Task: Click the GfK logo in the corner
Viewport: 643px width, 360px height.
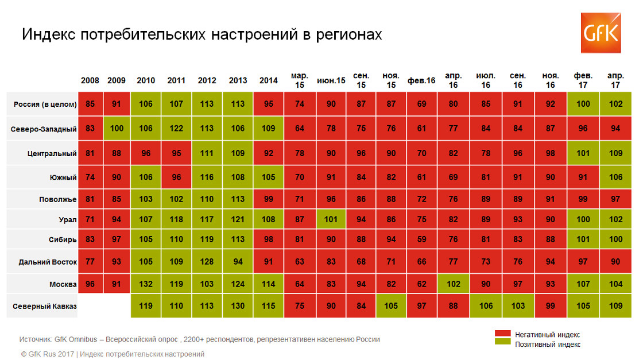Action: click(601, 33)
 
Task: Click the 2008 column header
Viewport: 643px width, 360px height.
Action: click(90, 80)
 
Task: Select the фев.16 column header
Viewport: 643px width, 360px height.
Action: click(421, 80)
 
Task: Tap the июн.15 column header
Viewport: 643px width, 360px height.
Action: click(331, 80)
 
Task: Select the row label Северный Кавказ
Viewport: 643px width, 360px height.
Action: click(45, 307)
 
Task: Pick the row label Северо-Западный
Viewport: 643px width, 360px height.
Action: click(44, 129)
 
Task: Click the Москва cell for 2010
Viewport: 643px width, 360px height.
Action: click(146, 284)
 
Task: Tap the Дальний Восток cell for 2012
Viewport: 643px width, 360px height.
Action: click(207, 262)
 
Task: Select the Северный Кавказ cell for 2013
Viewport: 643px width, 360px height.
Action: click(238, 307)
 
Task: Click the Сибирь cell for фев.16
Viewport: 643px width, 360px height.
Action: click(421, 240)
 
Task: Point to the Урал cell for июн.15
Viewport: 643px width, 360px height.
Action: click(331, 219)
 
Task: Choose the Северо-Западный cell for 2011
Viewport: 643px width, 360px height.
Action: click(176, 129)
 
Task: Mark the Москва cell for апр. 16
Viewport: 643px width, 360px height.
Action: click(453, 284)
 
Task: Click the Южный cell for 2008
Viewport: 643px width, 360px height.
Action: click(90, 177)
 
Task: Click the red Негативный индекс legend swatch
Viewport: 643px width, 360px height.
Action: click(502, 334)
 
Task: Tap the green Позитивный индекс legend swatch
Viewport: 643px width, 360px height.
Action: click(502, 344)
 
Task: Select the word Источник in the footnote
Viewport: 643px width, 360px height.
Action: click(35, 339)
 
